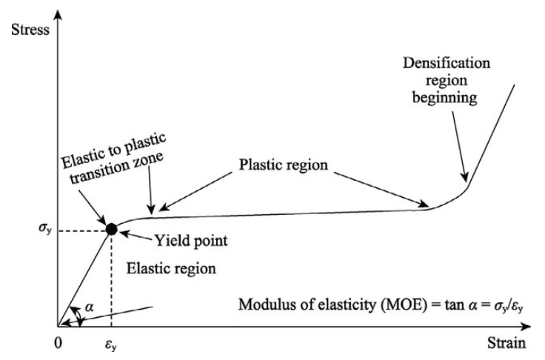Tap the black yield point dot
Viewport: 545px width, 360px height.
[x=111, y=229]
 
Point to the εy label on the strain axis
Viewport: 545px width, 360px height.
[x=111, y=344]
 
